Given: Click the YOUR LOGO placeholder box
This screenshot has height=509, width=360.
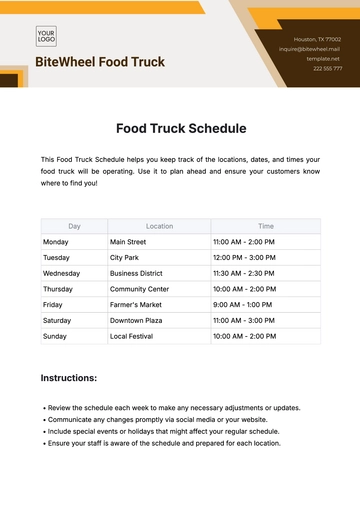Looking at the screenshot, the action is (46, 37).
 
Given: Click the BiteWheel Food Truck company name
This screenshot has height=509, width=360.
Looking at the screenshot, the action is (100, 62).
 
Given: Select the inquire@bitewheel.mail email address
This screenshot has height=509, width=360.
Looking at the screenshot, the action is (310, 48).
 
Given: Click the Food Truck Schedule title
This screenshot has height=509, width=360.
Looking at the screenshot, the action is (180, 128).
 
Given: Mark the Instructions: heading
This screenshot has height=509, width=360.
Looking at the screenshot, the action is (68, 379).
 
